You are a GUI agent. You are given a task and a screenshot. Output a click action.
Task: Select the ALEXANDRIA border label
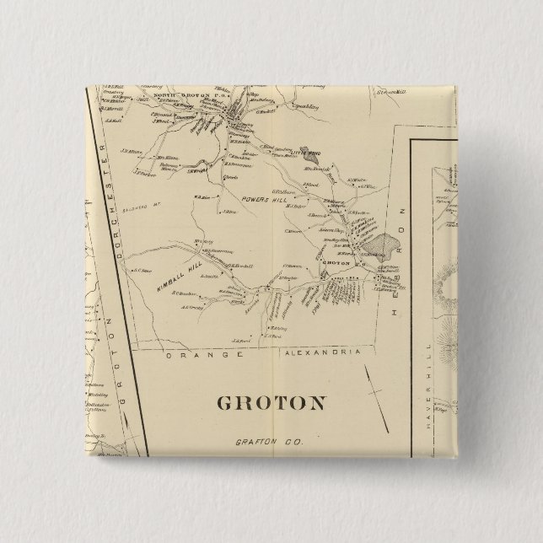[321, 352]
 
